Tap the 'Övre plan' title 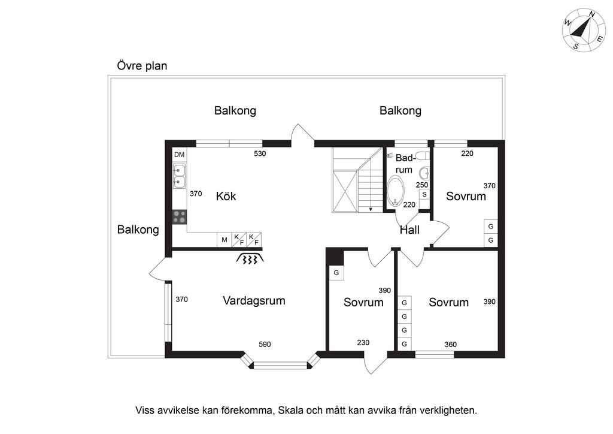[x=142, y=65]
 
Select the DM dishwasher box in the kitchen [x=179, y=155]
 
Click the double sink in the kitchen [x=180, y=176]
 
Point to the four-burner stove [x=180, y=217]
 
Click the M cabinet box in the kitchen [x=224, y=240]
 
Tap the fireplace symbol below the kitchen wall [x=250, y=258]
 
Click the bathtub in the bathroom [x=395, y=191]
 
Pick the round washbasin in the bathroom [x=424, y=173]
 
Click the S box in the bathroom [x=424, y=194]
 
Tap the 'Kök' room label [x=226, y=196]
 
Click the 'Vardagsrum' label [x=254, y=300]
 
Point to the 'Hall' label [x=409, y=230]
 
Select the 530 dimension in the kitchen [x=260, y=153]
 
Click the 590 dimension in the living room [x=265, y=344]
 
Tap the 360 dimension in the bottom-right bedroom [x=450, y=344]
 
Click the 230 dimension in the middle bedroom [x=363, y=342]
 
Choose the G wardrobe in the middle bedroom [x=336, y=273]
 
